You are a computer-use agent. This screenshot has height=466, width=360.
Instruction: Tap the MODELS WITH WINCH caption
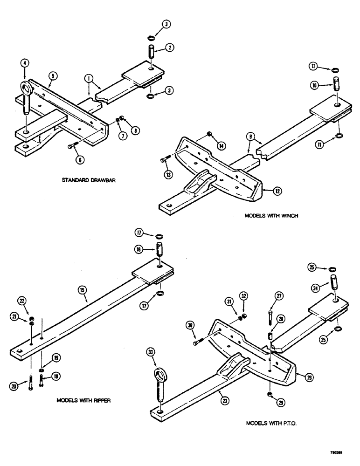coord(265,215)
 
